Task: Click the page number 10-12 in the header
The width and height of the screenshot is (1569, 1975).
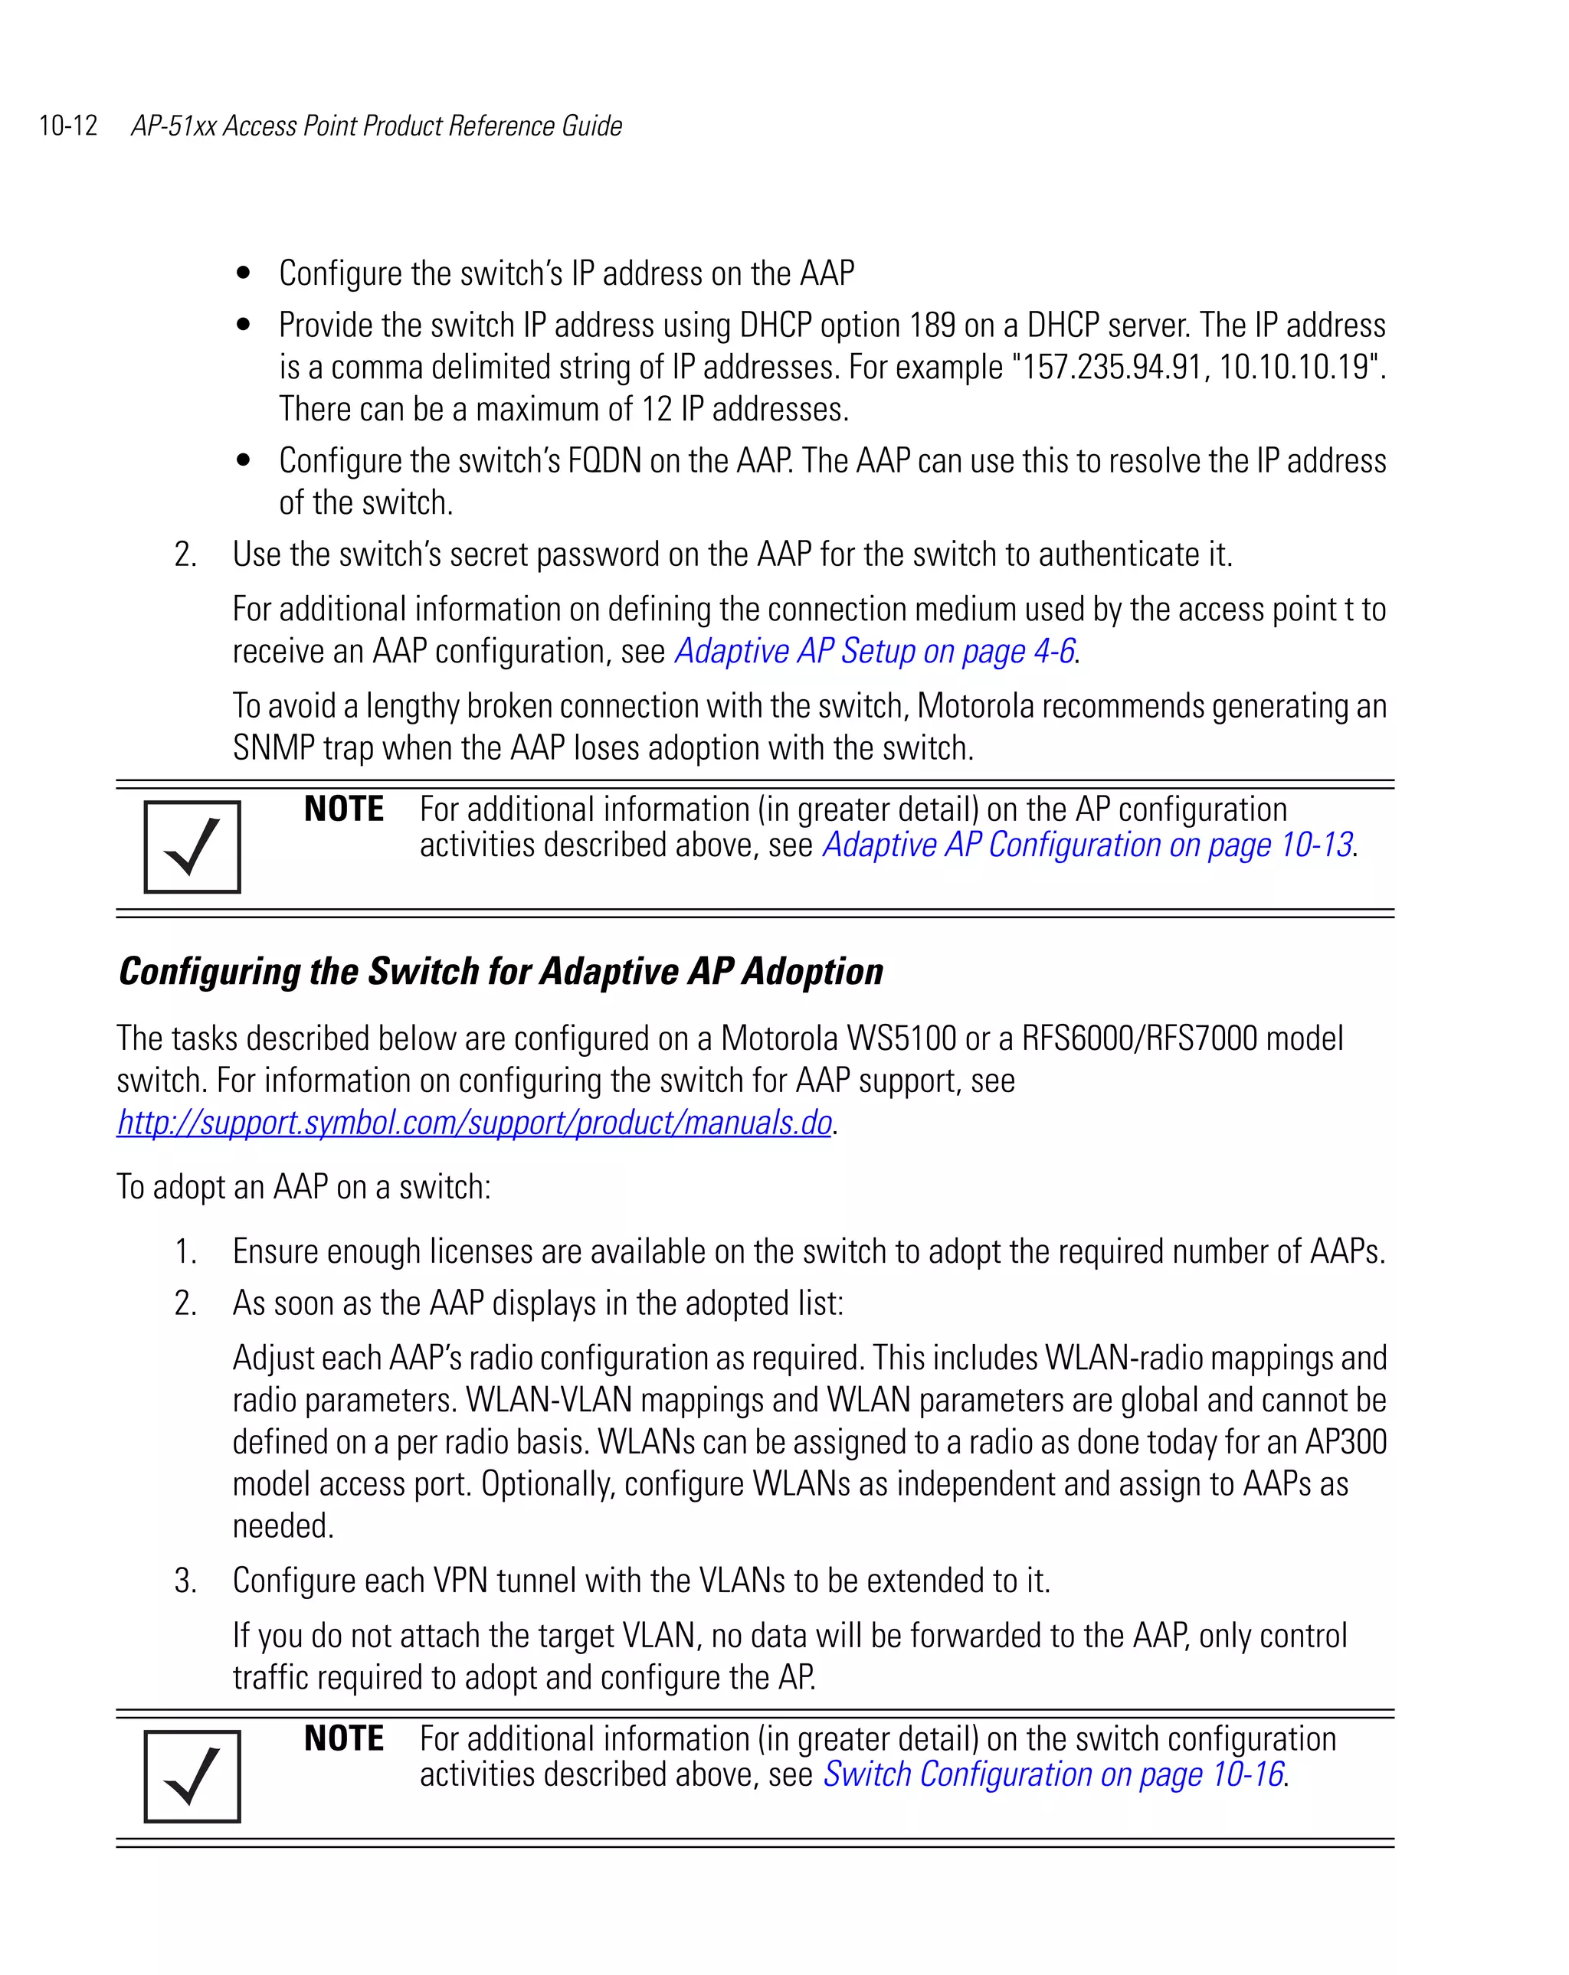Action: pos(68,126)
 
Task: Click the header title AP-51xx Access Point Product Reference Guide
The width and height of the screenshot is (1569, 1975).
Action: pos(377,126)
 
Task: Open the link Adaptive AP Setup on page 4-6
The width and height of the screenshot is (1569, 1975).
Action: pos(874,651)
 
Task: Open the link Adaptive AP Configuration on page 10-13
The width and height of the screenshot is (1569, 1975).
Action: pos(1087,845)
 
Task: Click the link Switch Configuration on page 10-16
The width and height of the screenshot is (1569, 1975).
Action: pos(1053,1774)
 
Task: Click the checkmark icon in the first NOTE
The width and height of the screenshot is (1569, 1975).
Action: pos(192,846)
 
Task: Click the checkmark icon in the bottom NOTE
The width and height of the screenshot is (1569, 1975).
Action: pos(192,1776)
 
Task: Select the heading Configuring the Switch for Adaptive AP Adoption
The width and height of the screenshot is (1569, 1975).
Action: pos(500,972)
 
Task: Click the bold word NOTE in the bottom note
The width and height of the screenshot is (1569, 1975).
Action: pos(344,1738)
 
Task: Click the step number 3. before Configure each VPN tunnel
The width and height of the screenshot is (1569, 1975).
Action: pos(185,1581)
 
